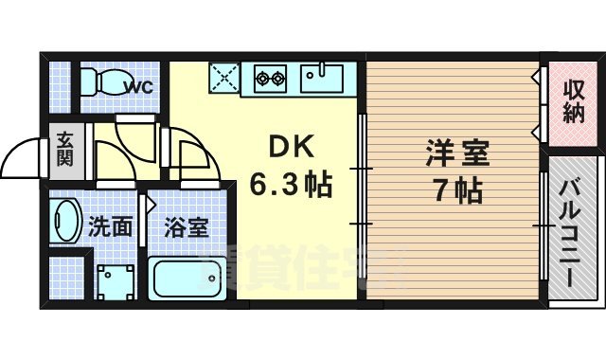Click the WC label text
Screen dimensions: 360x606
coord(140,88)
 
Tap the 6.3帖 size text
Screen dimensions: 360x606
coord(291,186)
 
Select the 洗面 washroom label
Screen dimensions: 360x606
coord(110,227)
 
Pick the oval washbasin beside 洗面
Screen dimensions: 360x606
coord(67,223)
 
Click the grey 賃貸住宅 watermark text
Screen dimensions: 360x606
coord(312,265)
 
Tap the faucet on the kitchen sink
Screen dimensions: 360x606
coord(328,67)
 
